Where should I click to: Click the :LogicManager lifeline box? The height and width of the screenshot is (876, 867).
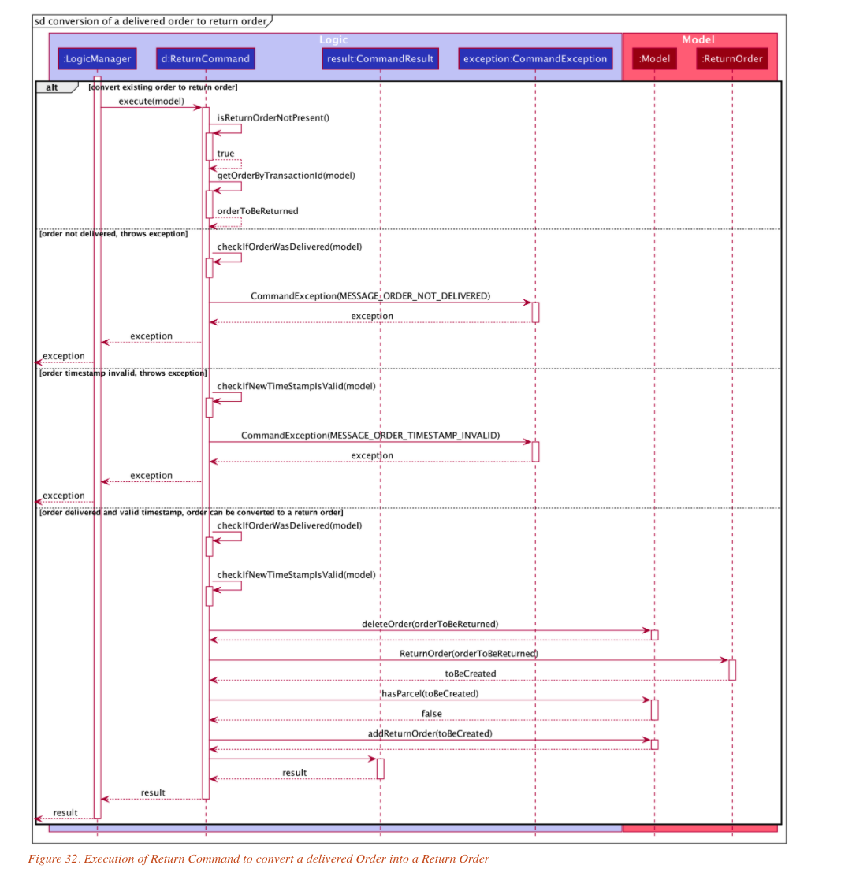pos(97,59)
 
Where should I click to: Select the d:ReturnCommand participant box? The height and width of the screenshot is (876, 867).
pos(206,59)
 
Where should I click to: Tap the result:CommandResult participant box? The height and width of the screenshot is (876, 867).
pos(381,59)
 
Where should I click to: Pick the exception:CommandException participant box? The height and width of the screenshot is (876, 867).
pos(535,59)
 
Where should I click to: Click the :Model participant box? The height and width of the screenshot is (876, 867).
pos(654,59)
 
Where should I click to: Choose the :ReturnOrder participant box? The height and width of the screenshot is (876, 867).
pos(732,59)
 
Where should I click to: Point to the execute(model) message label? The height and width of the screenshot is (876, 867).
pos(151,102)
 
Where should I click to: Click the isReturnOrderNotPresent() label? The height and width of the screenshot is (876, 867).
pos(273,118)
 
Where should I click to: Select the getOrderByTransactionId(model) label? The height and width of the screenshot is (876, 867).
pos(286,176)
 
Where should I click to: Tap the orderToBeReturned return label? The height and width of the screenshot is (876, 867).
pos(258,211)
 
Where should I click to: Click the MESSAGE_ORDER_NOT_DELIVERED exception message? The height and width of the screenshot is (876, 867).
pos(370,296)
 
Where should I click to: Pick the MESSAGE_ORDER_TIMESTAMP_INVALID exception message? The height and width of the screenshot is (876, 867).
pos(370,436)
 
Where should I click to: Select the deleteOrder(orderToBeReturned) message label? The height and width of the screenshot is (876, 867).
pos(430,624)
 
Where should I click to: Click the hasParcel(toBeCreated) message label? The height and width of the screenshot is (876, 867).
pos(430,694)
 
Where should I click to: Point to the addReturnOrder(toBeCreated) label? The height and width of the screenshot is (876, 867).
pos(430,733)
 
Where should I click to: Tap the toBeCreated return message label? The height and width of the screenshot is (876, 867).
pos(470,674)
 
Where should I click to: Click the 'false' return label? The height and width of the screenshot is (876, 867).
pos(431,714)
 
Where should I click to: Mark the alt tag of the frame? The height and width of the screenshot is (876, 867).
pos(52,87)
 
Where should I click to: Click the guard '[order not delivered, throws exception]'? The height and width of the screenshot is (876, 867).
pos(113,234)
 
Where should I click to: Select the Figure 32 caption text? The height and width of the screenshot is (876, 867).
pos(259,859)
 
